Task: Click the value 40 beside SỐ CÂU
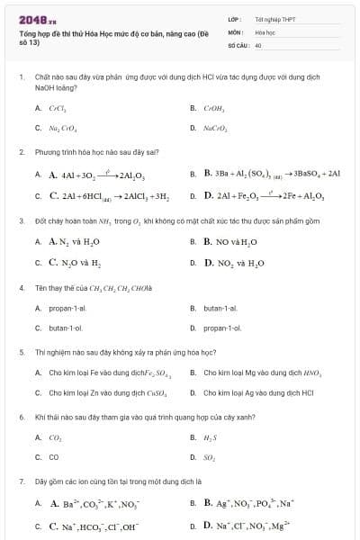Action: pyautogui.click(x=258, y=44)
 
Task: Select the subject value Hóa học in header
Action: pyautogui.click(x=265, y=31)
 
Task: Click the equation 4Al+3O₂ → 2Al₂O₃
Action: pyautogui.click(x=91, y=175)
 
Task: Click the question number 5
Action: pyautogui.click(x=21, y=352)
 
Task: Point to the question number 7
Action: pyautogui.click(x=21, y=481)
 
